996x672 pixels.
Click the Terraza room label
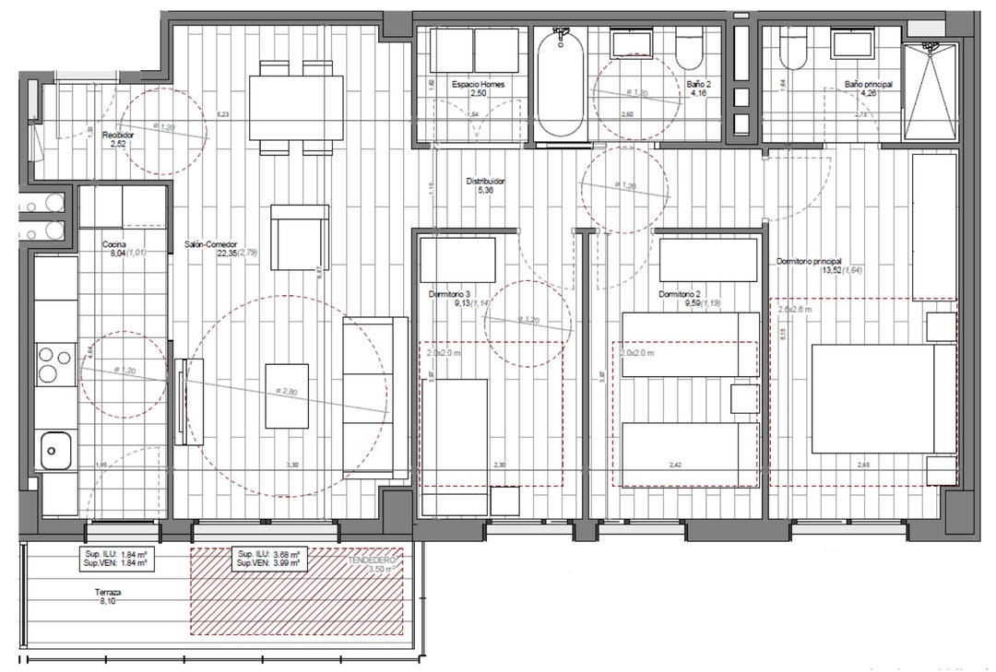click(109, 593)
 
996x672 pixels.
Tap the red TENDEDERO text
click(372, 560)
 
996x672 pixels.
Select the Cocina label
click(114, 244)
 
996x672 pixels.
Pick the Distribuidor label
click(485, 183)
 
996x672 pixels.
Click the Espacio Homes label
click(478, 84)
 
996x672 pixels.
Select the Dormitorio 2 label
click(682, 294)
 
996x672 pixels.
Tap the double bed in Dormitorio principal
click(871, 399)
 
